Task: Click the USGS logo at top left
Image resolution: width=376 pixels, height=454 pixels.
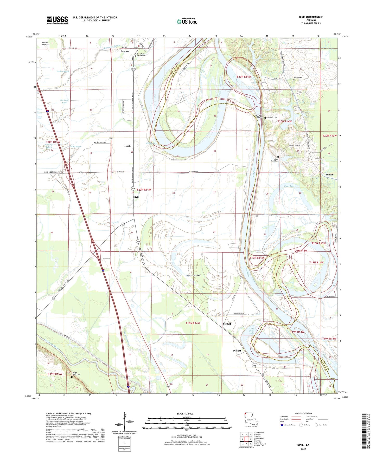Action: coord(57,20)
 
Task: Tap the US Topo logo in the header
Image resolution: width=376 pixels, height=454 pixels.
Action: coord(187,21)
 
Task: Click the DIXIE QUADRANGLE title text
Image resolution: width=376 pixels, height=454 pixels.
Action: coord(311,17)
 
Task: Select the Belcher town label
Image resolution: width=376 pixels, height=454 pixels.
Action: coord(125,51)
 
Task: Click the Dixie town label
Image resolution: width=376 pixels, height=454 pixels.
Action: coord(136,197)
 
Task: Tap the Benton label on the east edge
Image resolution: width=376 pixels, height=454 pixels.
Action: coord(329,174)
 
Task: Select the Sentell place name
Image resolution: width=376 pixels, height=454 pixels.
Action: coord(227,324)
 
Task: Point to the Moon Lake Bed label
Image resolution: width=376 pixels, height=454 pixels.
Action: coord(194,275)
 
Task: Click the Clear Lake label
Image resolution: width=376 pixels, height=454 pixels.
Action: coord(289,186)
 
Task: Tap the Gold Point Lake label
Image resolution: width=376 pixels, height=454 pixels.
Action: coord(252,331)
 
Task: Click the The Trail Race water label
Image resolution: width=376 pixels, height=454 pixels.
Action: coord(64,101)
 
